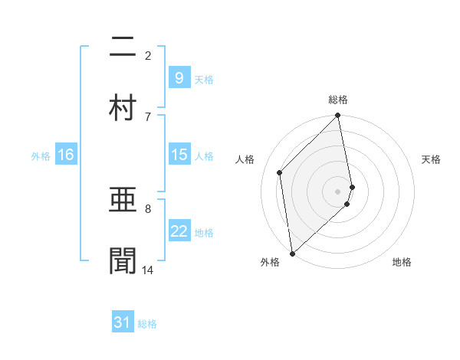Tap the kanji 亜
click(x=123, y=201)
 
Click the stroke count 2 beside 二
click(x=148, y=55)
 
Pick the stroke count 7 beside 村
click(x=148, y=116)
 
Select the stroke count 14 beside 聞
click(x=148, y=270)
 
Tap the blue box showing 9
click(x=179, y=77)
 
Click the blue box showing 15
click(x=179, y=155)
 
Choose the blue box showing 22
click(x=179, y=231)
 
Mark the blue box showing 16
click(x=66, y=155)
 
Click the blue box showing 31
click(x=123, y=322)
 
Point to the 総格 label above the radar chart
click(x=338, y=100)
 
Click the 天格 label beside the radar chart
click(x=431, y=159)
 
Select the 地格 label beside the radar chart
click(x=402, y=262)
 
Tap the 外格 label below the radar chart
click(x=270, y=262)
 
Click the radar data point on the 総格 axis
click(x=338, y=116)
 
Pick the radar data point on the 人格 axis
click(x=280, y=172)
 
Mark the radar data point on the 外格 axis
click(x=292, y=253)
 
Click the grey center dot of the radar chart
click(x=338, y=191)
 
